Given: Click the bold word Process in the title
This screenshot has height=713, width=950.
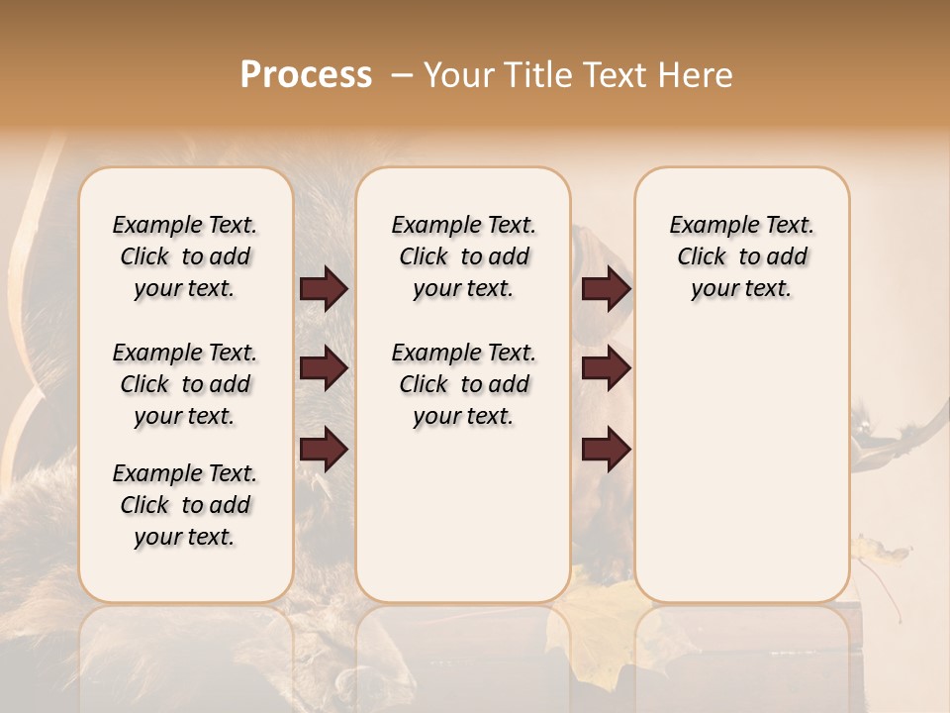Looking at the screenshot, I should [306, 75].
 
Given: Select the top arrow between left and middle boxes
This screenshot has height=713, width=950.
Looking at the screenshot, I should [324, 288].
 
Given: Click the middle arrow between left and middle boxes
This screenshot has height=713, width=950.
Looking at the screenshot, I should [324, 368].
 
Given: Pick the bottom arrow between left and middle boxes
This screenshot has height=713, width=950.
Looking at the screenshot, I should [324, 449].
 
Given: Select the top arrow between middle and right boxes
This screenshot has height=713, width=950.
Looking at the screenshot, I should [606, 288].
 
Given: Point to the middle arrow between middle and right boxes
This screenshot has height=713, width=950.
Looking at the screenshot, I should [606, 368].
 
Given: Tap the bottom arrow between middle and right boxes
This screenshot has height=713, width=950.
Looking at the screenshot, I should [606, 449].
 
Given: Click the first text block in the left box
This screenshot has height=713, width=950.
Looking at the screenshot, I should [185, 256].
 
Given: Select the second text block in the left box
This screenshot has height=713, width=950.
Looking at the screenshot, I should [185, 384].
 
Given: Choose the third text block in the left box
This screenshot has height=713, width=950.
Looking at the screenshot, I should [185, 505].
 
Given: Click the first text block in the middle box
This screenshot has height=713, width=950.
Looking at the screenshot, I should [463, 256].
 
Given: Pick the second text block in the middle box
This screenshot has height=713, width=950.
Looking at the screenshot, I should [463, 384].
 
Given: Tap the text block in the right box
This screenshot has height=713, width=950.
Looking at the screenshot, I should [741, 256].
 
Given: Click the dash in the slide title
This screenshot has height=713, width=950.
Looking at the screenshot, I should [401, 75].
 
